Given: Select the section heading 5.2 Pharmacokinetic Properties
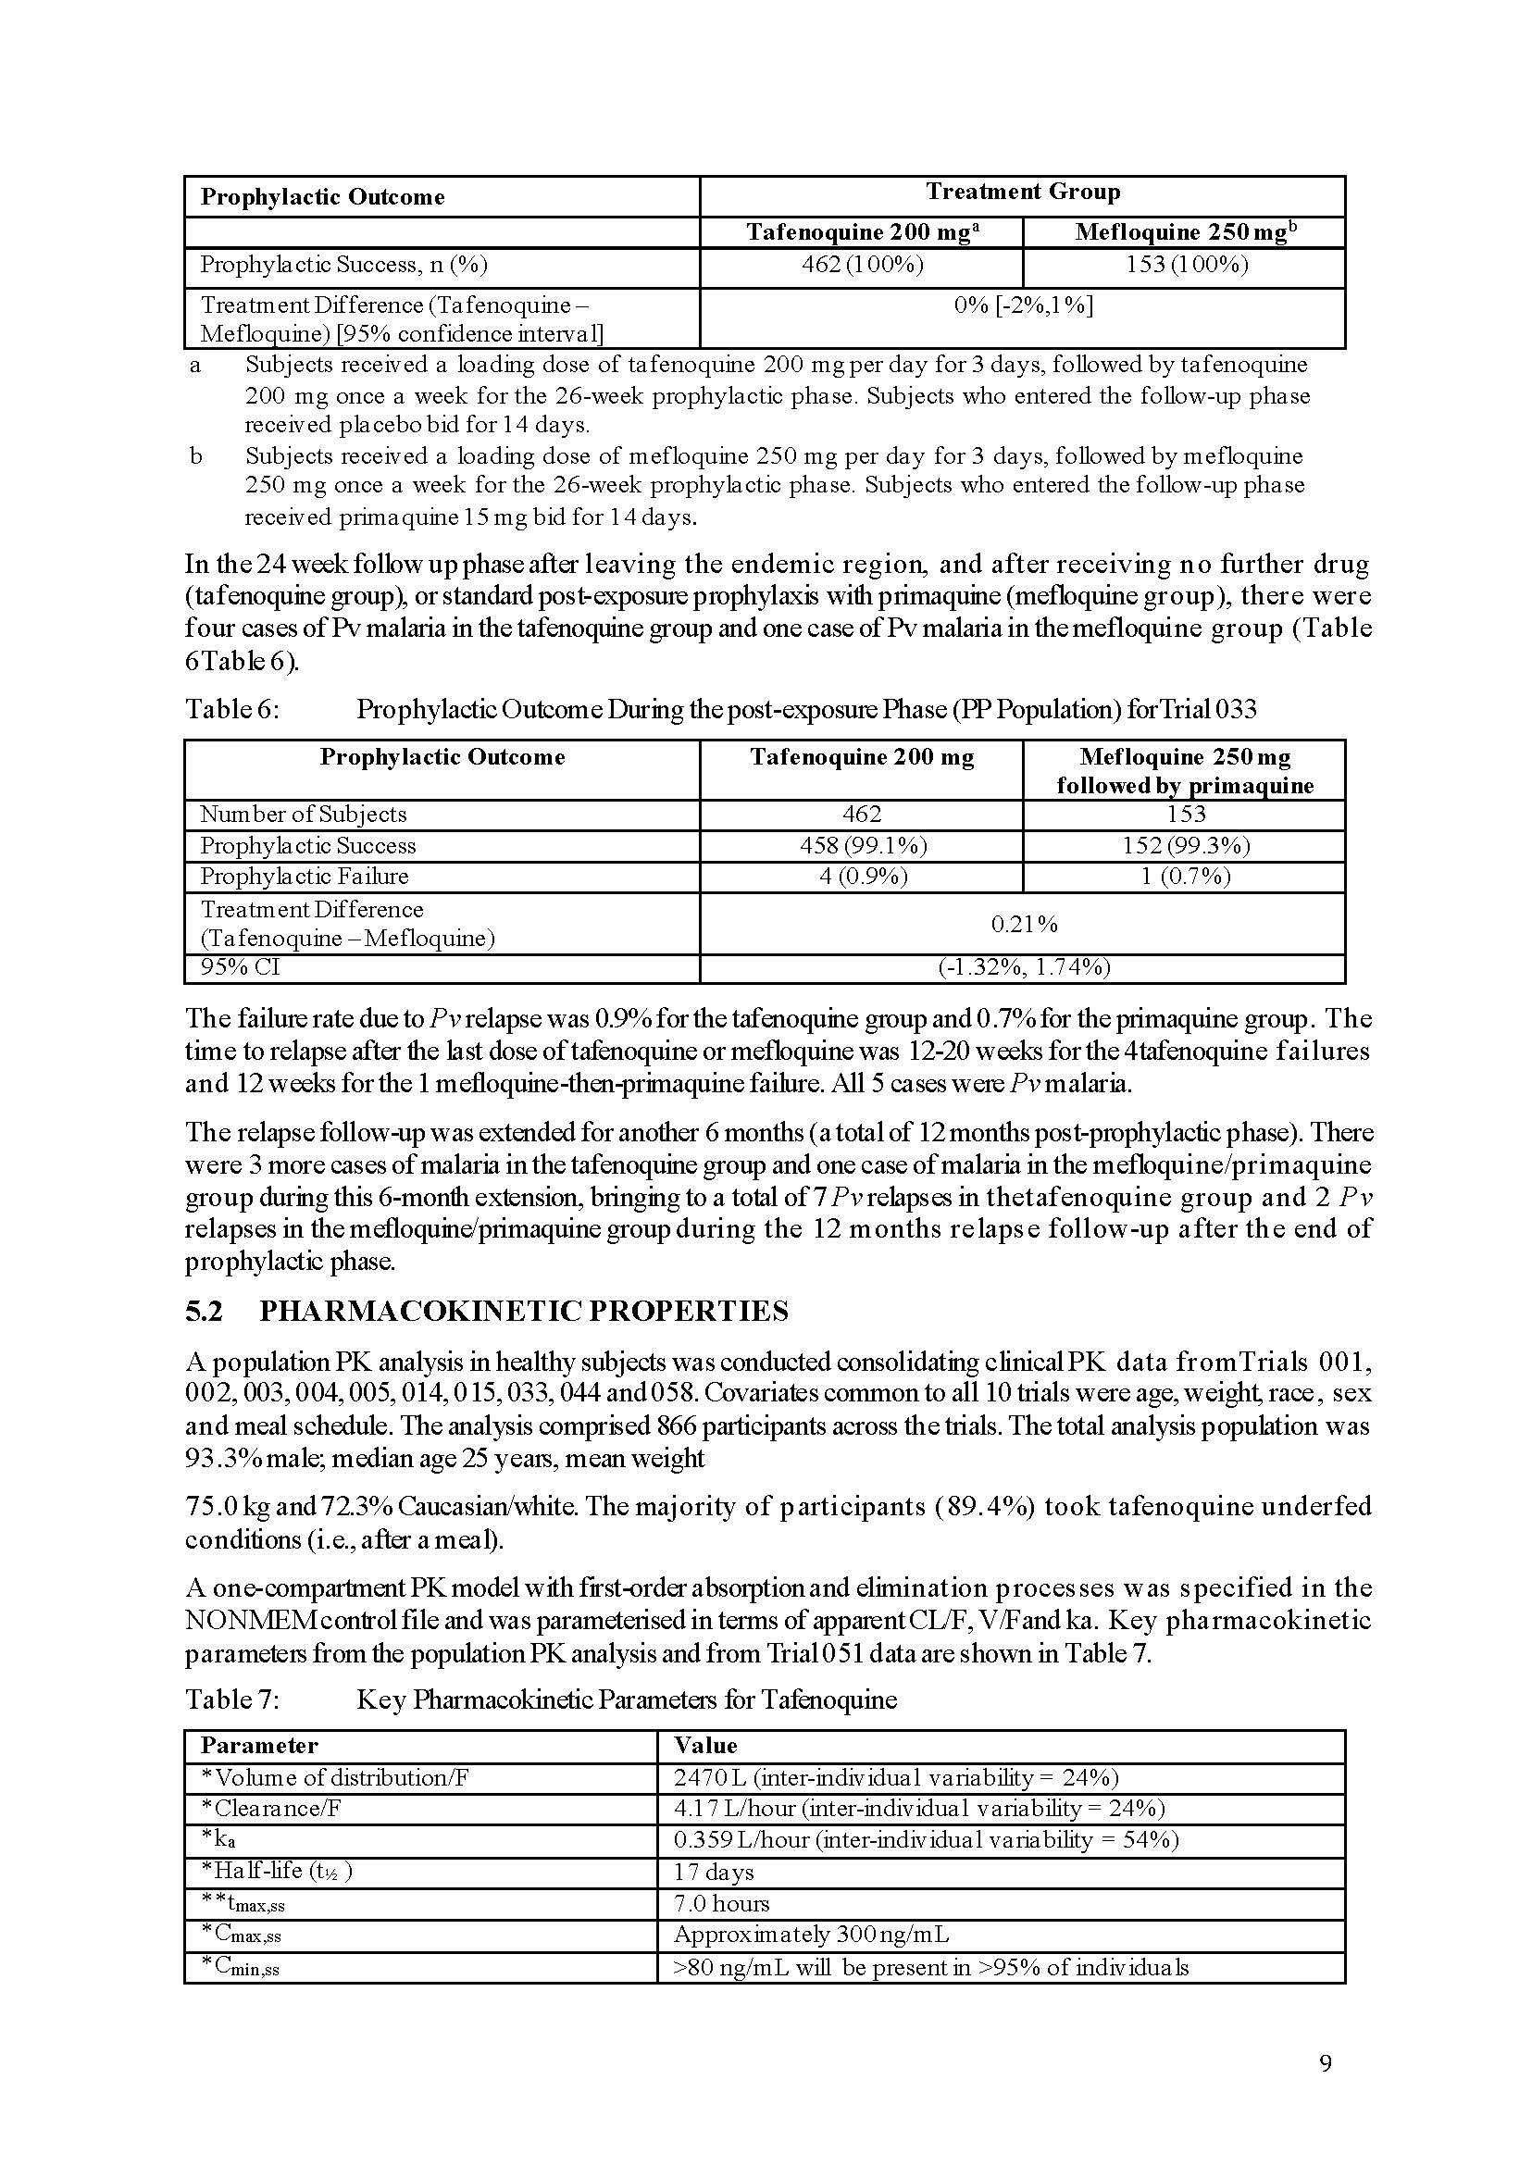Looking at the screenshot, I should pyautogui.click(x=487, y=1312).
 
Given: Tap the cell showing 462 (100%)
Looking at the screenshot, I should pyautogui.click(x=862, y=265).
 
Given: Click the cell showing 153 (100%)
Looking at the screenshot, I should pyautogui.click(x=1186, y=265).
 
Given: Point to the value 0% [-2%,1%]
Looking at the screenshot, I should pyautogui.click(x=1023, y=305).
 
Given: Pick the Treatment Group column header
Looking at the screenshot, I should pyautogui.click(x=1023, y=193).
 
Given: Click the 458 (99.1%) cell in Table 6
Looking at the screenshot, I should pyautogui.click(x=862, y=846).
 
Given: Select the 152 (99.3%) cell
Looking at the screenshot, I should pyautogui.click(x=1186, y=846).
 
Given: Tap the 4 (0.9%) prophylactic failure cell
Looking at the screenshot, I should pyautogui.click(x=862, y=877).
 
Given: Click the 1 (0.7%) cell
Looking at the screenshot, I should pyautogui.click(x=1186, y=877).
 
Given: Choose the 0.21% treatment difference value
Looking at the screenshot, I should pyautogui.click(x=1024, y=925).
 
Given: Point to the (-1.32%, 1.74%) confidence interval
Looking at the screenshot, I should pyautogui.click(x=1024, y=968).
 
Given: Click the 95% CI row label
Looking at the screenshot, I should pyautogui.click(x=240, y=968).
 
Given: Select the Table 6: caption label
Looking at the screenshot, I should pyautogui.click(x=232, y=709).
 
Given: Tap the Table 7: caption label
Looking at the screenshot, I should pyautogui.click(x=232, y=1700).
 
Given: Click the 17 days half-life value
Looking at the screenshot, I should pyautogui.click(x=713, y=1872).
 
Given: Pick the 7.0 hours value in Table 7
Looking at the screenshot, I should pyautogui.click(x=721, y=1904).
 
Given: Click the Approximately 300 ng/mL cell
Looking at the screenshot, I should pyautogui.click(x=811, y=1935).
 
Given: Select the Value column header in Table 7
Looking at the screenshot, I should pyautogui.click(x=704, y=1745).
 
